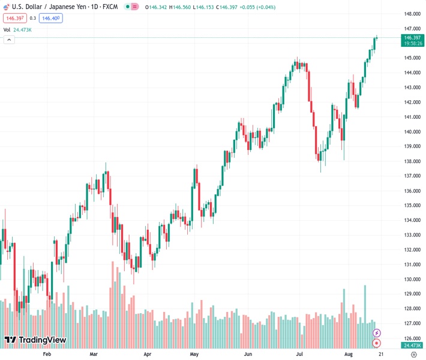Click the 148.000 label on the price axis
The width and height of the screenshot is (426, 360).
(412, 14)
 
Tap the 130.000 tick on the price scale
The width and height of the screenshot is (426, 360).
(412, 279)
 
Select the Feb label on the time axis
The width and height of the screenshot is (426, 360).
(47, 355)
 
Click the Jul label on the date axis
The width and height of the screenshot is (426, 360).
(299, 355)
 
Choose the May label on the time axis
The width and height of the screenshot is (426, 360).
(194, 355)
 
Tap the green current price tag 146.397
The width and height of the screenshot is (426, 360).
(412, 37)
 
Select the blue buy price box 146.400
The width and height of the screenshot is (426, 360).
(50, 18)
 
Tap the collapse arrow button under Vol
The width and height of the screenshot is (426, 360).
(9, 40)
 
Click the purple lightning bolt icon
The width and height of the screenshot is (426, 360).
(377, 332)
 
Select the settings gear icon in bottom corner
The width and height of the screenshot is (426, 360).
(413, 355)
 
